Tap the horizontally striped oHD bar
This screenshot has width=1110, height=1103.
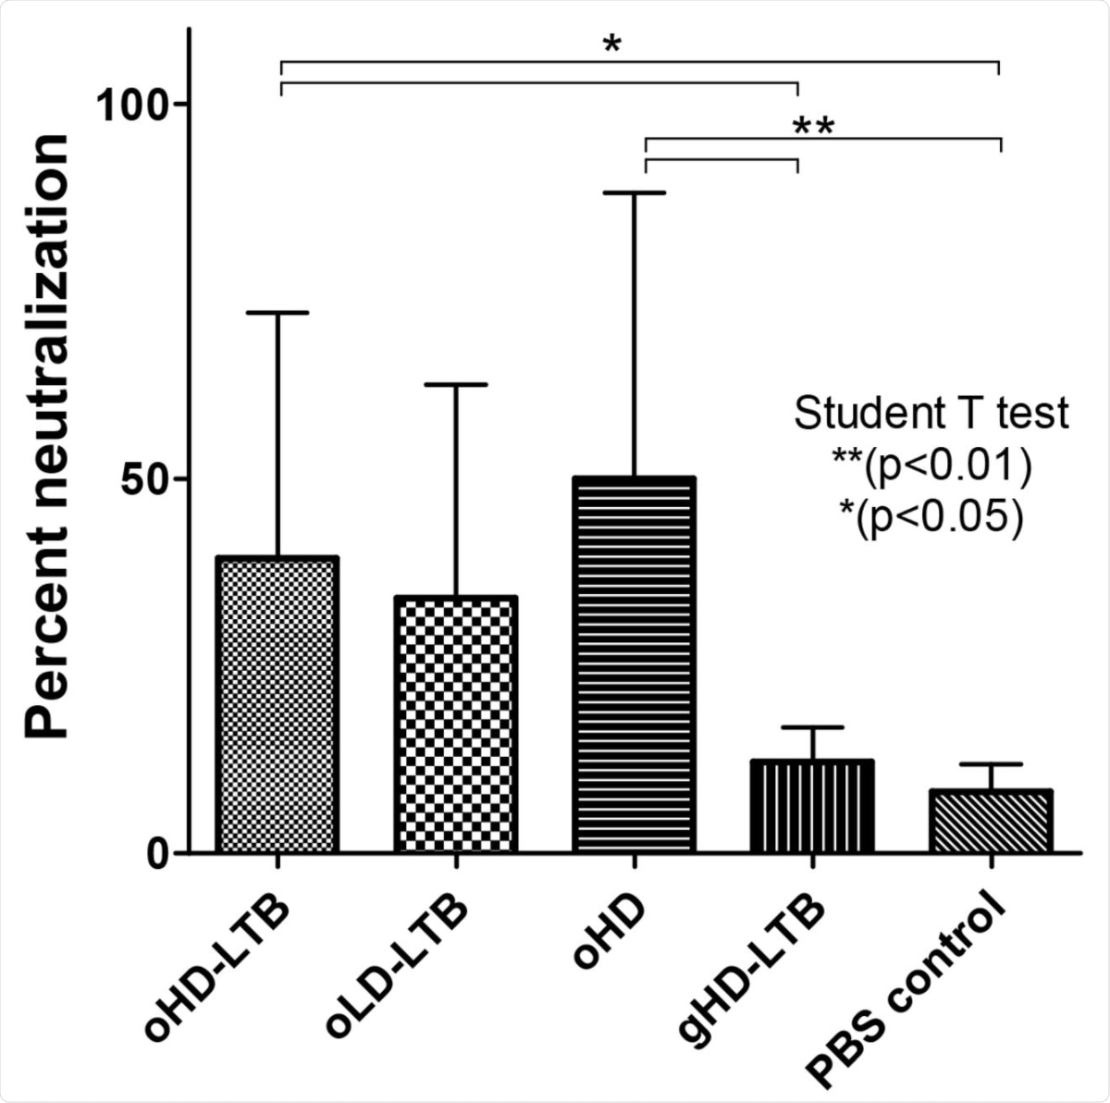pyautogui.click(x=634, y=665)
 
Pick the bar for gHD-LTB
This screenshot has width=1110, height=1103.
pyautogui.click(x=811, y=806)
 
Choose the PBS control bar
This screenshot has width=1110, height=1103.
pyautogui.click(x=991, y=821)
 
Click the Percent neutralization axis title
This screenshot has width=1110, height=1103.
pyautogui.click(x=46, y=435)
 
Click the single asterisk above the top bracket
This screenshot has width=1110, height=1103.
pyautogui.click(x=611, y=44)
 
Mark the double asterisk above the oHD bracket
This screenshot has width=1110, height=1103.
pyautogui.click(x=814, y=126)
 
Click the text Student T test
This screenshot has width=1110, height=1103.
pyautogui.click(x=931, y=414)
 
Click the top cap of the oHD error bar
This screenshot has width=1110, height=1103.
pyautogui.click(x=635, y=192)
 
